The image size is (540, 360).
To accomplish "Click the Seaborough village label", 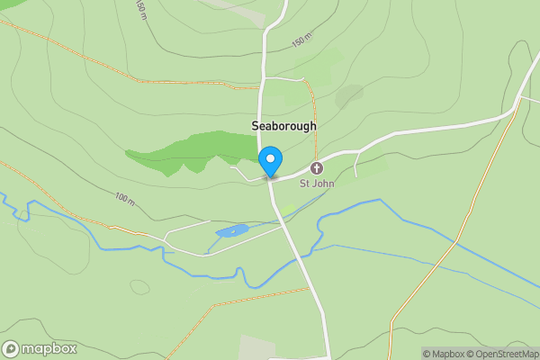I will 283,127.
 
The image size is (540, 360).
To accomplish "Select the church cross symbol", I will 317,168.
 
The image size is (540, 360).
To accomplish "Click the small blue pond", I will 232,232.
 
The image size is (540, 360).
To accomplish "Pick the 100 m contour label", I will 123,196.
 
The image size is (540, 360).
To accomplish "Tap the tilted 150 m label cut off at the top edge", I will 141,9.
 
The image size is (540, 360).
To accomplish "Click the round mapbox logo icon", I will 11,349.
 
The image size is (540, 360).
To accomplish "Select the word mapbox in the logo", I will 49,349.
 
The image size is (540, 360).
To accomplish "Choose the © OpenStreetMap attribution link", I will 505,354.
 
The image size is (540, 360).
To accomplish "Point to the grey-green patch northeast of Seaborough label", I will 349,95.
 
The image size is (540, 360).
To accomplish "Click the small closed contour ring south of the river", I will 139,287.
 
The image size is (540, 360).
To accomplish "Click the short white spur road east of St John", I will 357,164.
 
